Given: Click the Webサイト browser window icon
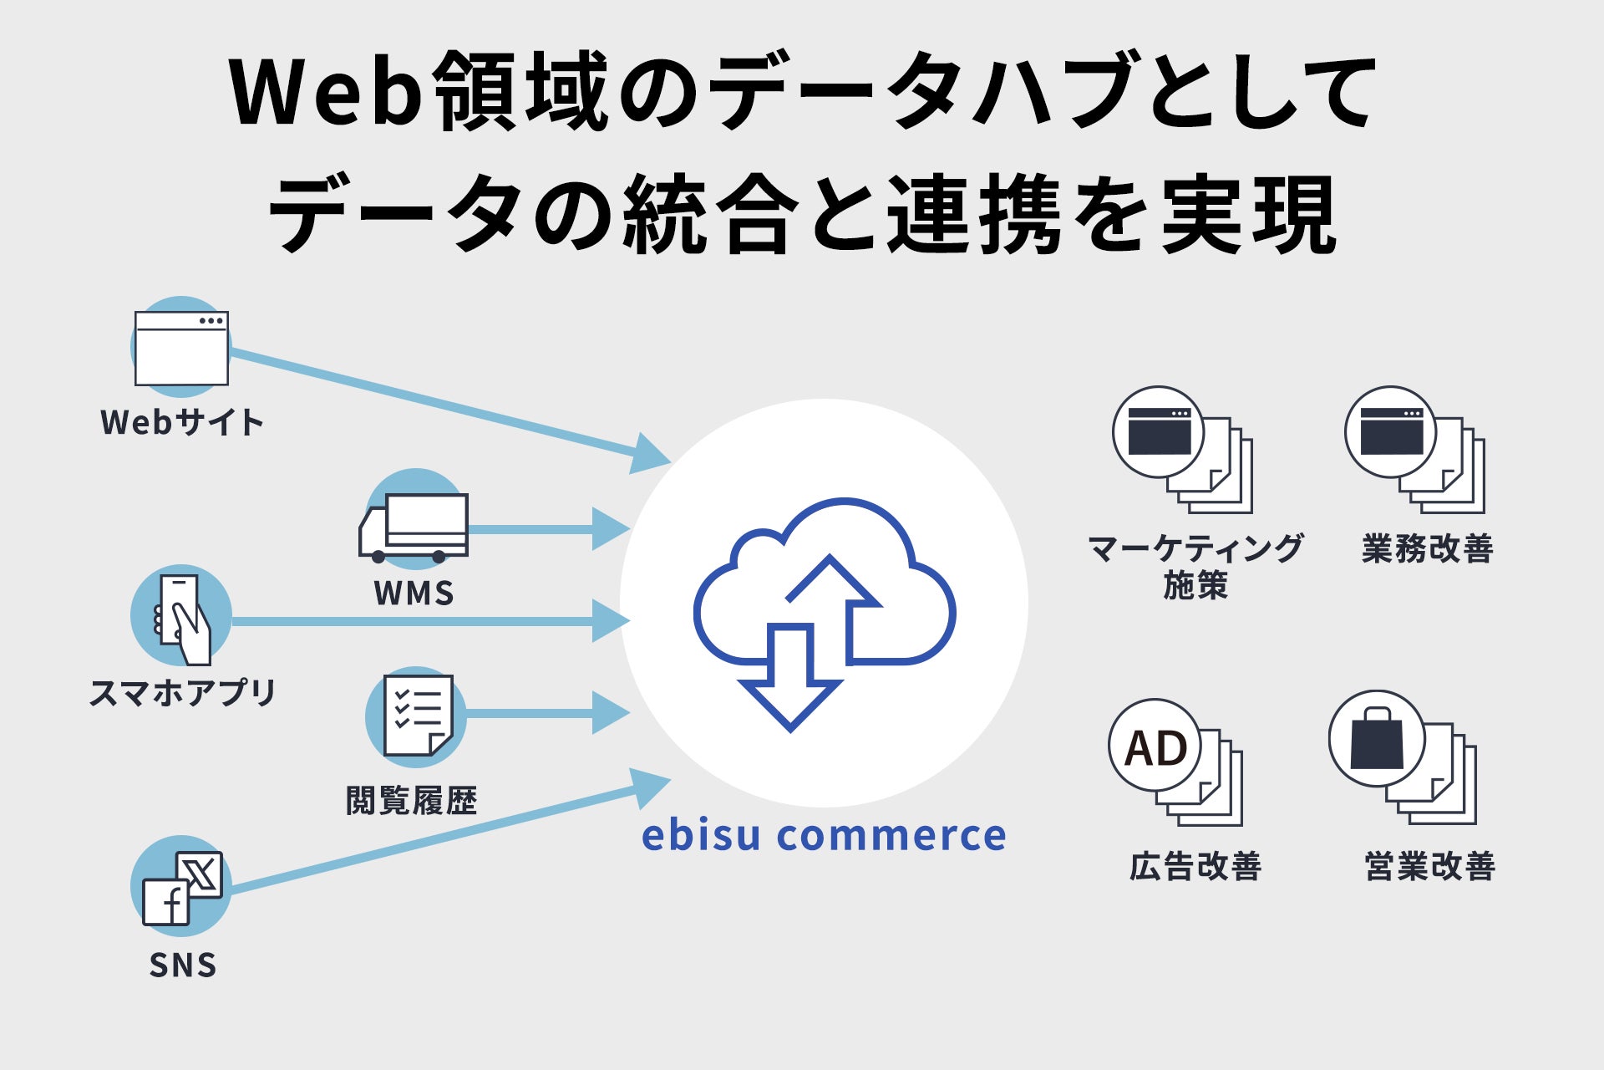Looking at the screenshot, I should click(x=181, y=348).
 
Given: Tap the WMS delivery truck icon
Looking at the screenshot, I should click(x=414, y=527).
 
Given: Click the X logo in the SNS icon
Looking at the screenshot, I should click(x=200, y=874).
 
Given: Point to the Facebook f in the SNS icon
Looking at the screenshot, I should click(x=167, y=904).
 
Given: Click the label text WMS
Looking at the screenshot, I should click(x=414, y=594).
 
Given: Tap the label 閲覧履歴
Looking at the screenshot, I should click(x=412, y=801).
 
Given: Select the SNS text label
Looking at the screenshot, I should click(x=183, y=966).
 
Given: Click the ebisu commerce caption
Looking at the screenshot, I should click(x=824, y=835).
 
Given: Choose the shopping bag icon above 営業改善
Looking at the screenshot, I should click(x=1376, y=739).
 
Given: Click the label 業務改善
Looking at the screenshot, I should click(x=1428, y=548).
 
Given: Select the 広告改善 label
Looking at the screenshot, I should click(x=1195, y=866).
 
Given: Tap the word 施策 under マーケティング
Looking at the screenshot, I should click(x=1195, y=585).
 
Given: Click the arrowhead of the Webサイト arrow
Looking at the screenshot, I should click(x=649, y=454).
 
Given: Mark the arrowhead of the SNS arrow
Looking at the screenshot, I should click(x=649, y=787).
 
